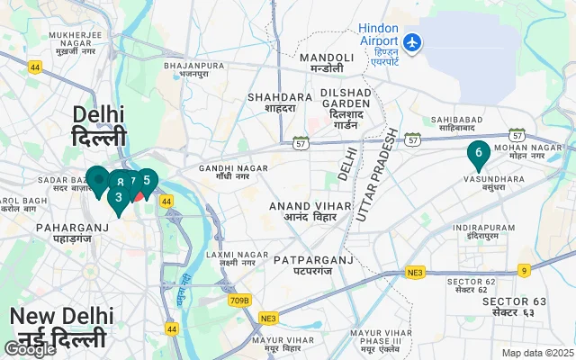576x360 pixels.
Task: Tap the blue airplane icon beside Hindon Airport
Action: pyautogui.click(x=413, y=41)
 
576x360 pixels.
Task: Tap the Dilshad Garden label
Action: pyautogui.click(x=345, y=109)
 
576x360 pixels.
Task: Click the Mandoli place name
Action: pyautogui.click(x=327, y=62)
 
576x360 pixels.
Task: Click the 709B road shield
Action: pyautogui.click(x=239, y=301)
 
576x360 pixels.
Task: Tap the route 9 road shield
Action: pyautogui.click(x=524, y=270)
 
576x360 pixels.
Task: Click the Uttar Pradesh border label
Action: pyautogui.click(x=376, y=175)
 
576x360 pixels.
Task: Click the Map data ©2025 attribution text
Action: pyautogui.click(x=536, y=353)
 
